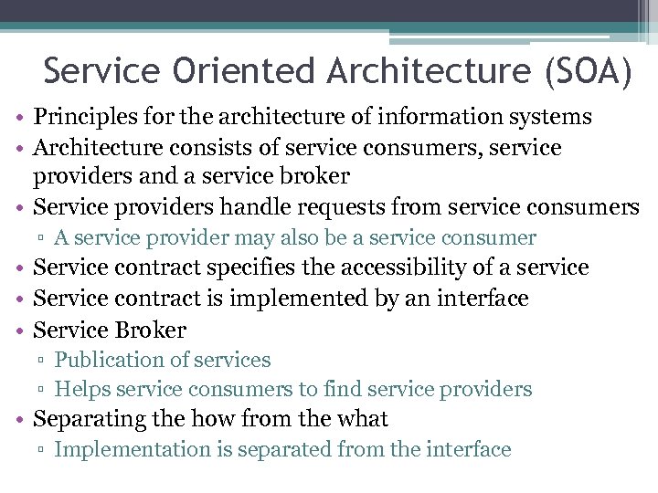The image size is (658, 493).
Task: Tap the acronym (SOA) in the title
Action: point(587,71)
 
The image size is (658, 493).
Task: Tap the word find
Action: point(344,390)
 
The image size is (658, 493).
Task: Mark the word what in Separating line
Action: point(363,419)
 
